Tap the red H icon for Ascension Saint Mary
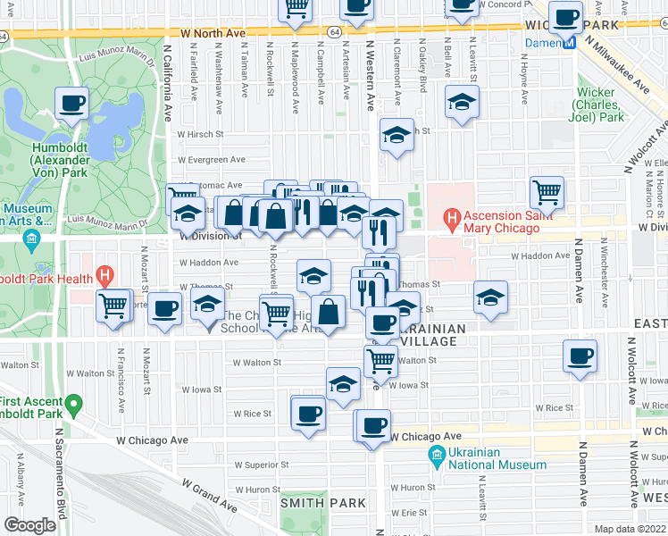453,217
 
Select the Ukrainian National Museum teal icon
437,457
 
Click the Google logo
29,525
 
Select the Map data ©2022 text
630,529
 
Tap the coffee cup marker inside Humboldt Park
71,102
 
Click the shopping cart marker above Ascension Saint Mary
547,191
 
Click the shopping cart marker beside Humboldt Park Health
114,306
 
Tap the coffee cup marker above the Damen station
565,16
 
